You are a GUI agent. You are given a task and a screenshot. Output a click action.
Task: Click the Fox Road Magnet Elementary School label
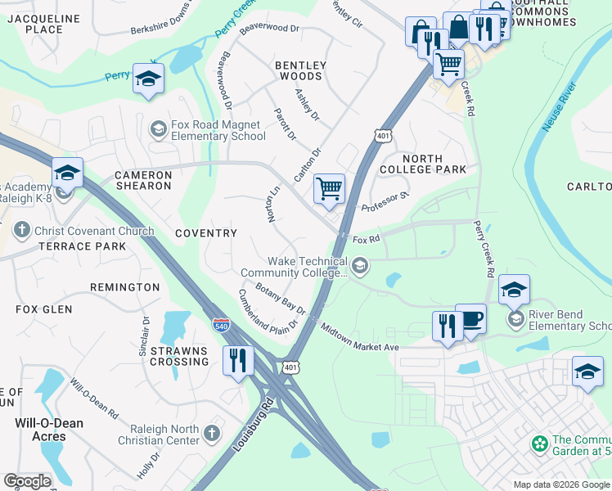[218, 130]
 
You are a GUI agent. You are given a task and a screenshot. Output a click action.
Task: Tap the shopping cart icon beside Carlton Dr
[329, 188]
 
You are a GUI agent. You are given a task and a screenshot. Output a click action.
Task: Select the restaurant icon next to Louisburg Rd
[237, 359]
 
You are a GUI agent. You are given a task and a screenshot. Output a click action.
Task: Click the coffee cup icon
[470, 318]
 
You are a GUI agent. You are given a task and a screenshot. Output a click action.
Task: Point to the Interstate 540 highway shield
[221, 324]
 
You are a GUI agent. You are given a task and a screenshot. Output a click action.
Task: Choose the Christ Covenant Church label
[93, 231]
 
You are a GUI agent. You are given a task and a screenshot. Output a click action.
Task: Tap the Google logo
[27, 481]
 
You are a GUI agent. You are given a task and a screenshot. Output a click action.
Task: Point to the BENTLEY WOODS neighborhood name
[300, 70]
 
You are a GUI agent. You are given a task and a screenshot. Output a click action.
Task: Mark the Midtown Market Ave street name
[360, 336]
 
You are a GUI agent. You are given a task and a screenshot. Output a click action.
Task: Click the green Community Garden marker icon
[539, 444]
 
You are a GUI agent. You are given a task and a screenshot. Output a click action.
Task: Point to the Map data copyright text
[560, 484]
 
